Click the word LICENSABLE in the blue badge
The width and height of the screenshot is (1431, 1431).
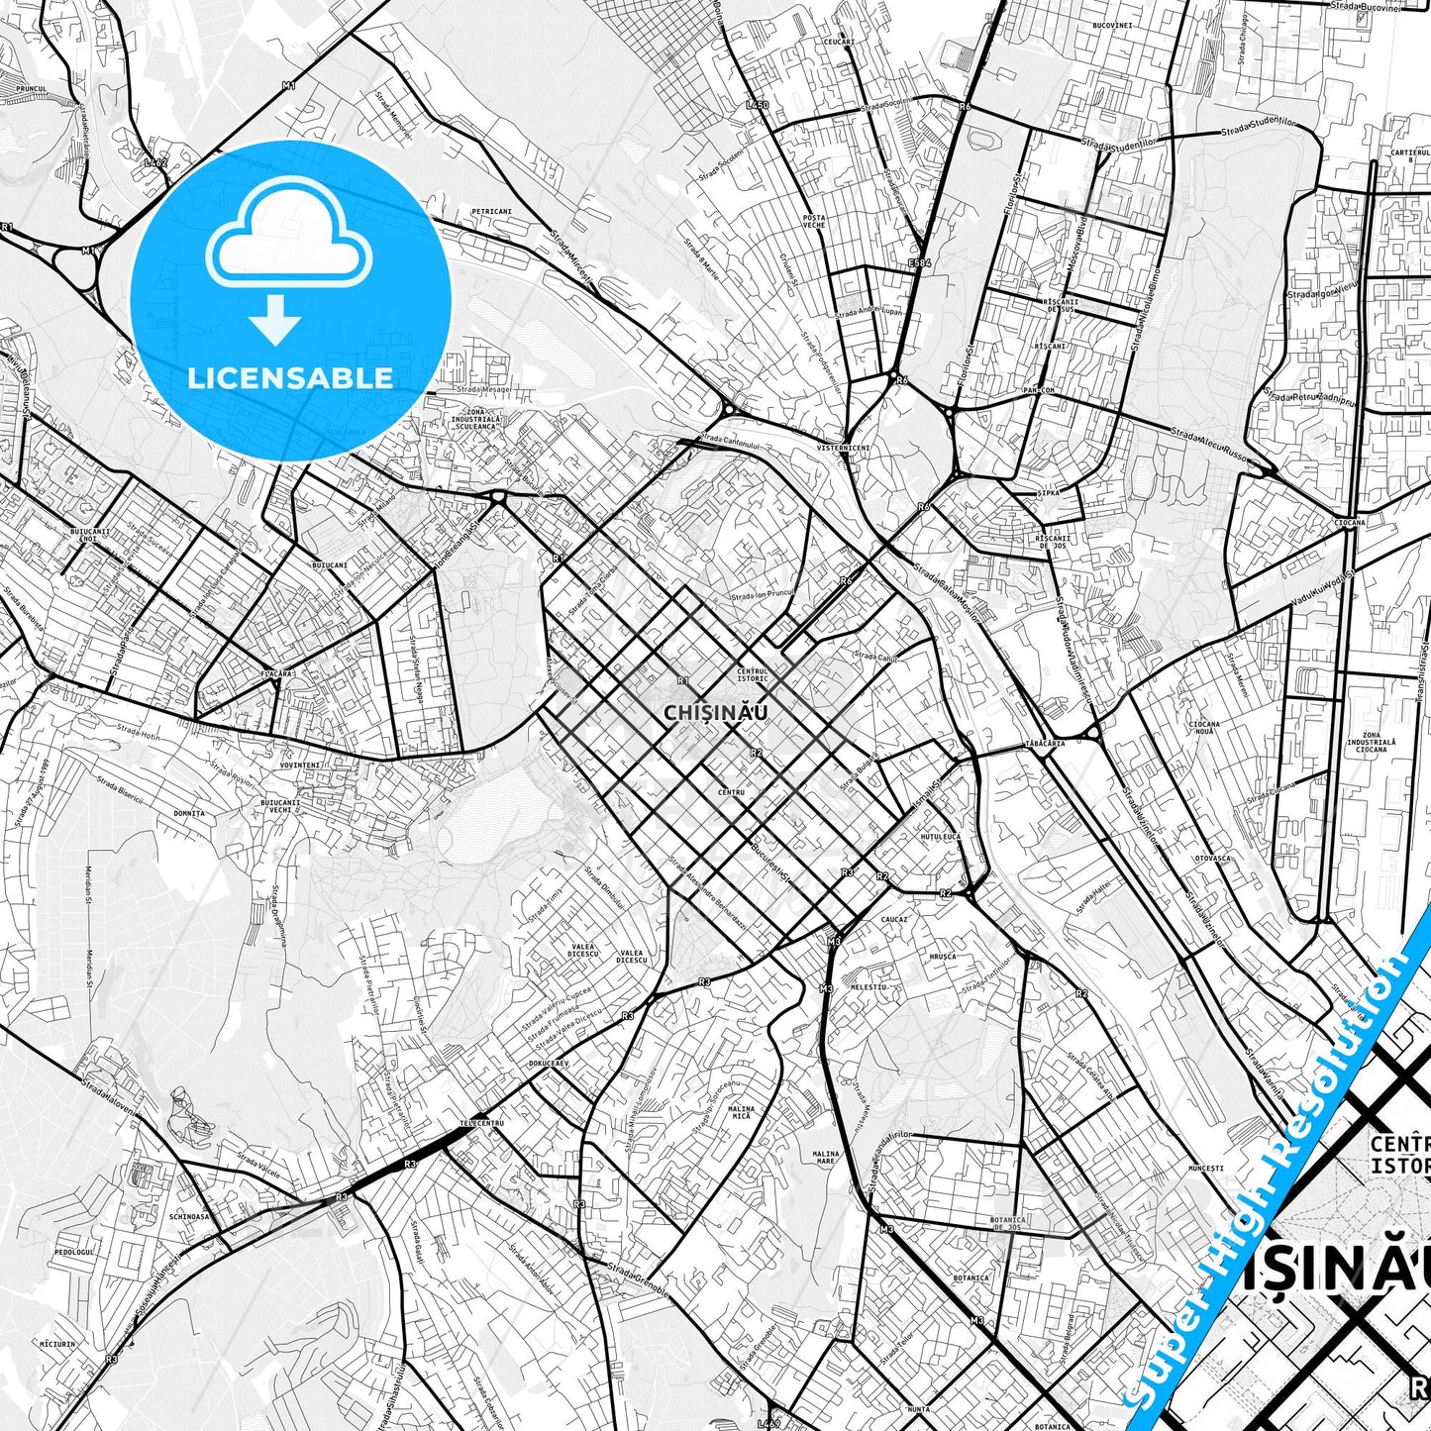pos(290,377)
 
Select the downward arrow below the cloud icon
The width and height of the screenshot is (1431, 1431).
pos(276,321)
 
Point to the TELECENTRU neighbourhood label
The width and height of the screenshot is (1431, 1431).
pos(482,1123)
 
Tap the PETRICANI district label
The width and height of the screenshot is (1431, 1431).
pos(491,211)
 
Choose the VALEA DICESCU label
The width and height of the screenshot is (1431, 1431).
pos(583,953)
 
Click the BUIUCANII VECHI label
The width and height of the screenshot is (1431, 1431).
pos(278,806)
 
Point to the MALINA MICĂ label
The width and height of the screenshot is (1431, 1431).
pos(740,1112)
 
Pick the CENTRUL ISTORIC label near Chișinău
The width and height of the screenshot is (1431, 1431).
pos(753,674)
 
